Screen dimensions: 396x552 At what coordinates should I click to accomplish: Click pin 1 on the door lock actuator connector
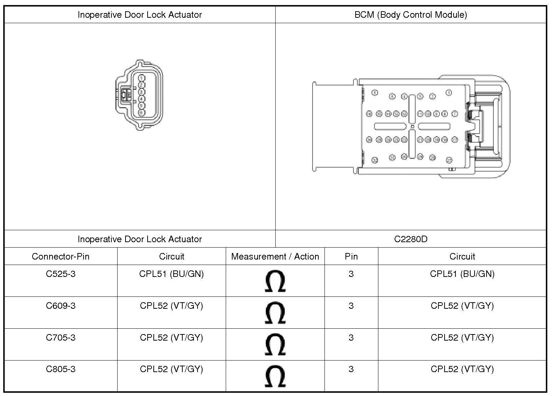click(141, 78)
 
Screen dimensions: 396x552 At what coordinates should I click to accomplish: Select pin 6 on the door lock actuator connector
click(141, 113)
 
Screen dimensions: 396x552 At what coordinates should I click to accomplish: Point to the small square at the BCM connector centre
click(412, 126)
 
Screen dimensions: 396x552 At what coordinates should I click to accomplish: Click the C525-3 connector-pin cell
click(61, 274)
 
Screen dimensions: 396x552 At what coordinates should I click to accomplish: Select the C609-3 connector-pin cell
click(61, 306)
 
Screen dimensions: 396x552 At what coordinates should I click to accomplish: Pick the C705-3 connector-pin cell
click(61, 338)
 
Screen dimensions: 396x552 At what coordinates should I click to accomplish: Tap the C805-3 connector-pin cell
click(61, 369)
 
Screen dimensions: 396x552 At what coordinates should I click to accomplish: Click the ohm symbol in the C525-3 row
click(275, 281)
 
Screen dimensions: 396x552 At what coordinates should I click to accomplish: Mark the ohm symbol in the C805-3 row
click(275, 376)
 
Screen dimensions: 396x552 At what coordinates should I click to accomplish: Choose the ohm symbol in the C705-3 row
click(275, 345)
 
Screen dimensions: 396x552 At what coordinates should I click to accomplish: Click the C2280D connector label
click(411, 239)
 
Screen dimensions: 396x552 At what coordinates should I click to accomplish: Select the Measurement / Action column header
click(275, 257)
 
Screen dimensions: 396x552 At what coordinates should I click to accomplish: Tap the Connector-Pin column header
click(61, 257)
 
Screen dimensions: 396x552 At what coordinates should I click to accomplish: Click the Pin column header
click(351, 257)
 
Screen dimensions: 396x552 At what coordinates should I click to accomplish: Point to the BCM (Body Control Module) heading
click(411, 15)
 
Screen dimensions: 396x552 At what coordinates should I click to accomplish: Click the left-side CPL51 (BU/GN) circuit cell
click(171, 274)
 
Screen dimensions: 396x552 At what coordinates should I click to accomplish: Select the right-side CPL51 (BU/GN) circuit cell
click(462, 274)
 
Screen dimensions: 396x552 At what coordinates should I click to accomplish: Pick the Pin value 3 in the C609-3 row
click(351, 306)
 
